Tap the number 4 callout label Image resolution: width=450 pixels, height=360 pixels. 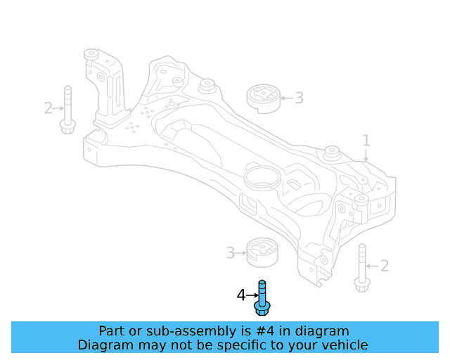(241, 296)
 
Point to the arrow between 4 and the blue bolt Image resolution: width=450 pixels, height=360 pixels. (252, 296)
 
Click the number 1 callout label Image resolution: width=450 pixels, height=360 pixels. (366, 141)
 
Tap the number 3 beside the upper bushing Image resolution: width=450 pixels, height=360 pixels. (299, 98)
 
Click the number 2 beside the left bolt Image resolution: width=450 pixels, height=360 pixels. (48, 108)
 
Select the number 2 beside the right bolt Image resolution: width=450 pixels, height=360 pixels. (384, 266)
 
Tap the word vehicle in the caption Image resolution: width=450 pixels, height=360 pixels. (343, 345)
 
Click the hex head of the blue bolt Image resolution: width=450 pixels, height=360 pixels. (262, 308)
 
